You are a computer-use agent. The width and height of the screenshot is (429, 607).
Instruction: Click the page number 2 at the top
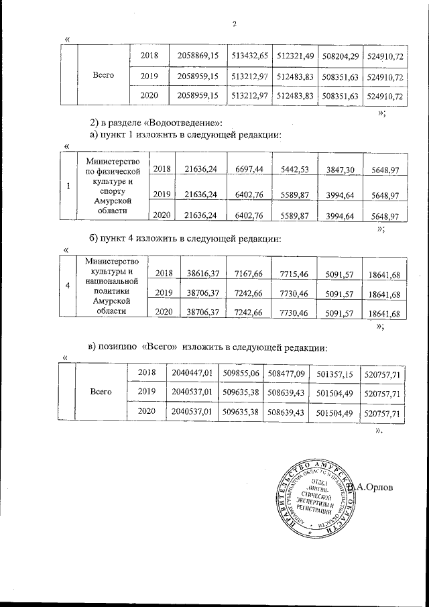pos(235,25)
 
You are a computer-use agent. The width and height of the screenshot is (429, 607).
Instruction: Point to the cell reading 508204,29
pos(341,55)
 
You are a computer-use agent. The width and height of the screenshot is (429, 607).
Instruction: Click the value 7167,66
pos(249,273)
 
